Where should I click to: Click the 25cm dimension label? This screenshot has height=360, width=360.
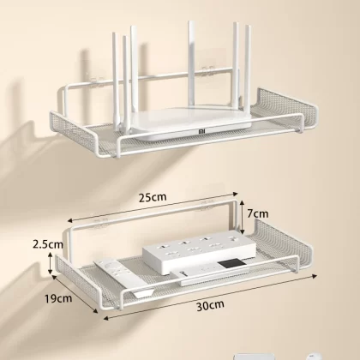tap(153, 197)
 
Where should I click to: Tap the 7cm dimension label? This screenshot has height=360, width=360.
tap(258, 213)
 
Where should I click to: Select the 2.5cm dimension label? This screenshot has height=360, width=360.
tap(48, 244)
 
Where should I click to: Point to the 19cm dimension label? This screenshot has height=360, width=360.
tap(58, 298)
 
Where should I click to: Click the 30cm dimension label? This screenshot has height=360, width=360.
tap(210, 305)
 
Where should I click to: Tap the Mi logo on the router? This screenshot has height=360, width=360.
tap(202, 131)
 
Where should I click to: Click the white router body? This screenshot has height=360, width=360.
tap(191, 123)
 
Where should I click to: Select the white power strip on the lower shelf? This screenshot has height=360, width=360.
tap(200, 251)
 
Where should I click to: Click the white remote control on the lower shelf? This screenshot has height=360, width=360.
tap(124, 277)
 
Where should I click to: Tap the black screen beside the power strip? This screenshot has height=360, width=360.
tap(231, 263)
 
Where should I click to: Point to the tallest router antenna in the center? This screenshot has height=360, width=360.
tap(191, 67)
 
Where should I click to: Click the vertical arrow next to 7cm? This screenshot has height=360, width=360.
tap(242, 217)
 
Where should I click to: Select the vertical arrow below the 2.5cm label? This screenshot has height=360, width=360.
tap(51, 263)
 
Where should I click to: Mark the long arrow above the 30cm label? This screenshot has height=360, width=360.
tap(210, 297)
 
